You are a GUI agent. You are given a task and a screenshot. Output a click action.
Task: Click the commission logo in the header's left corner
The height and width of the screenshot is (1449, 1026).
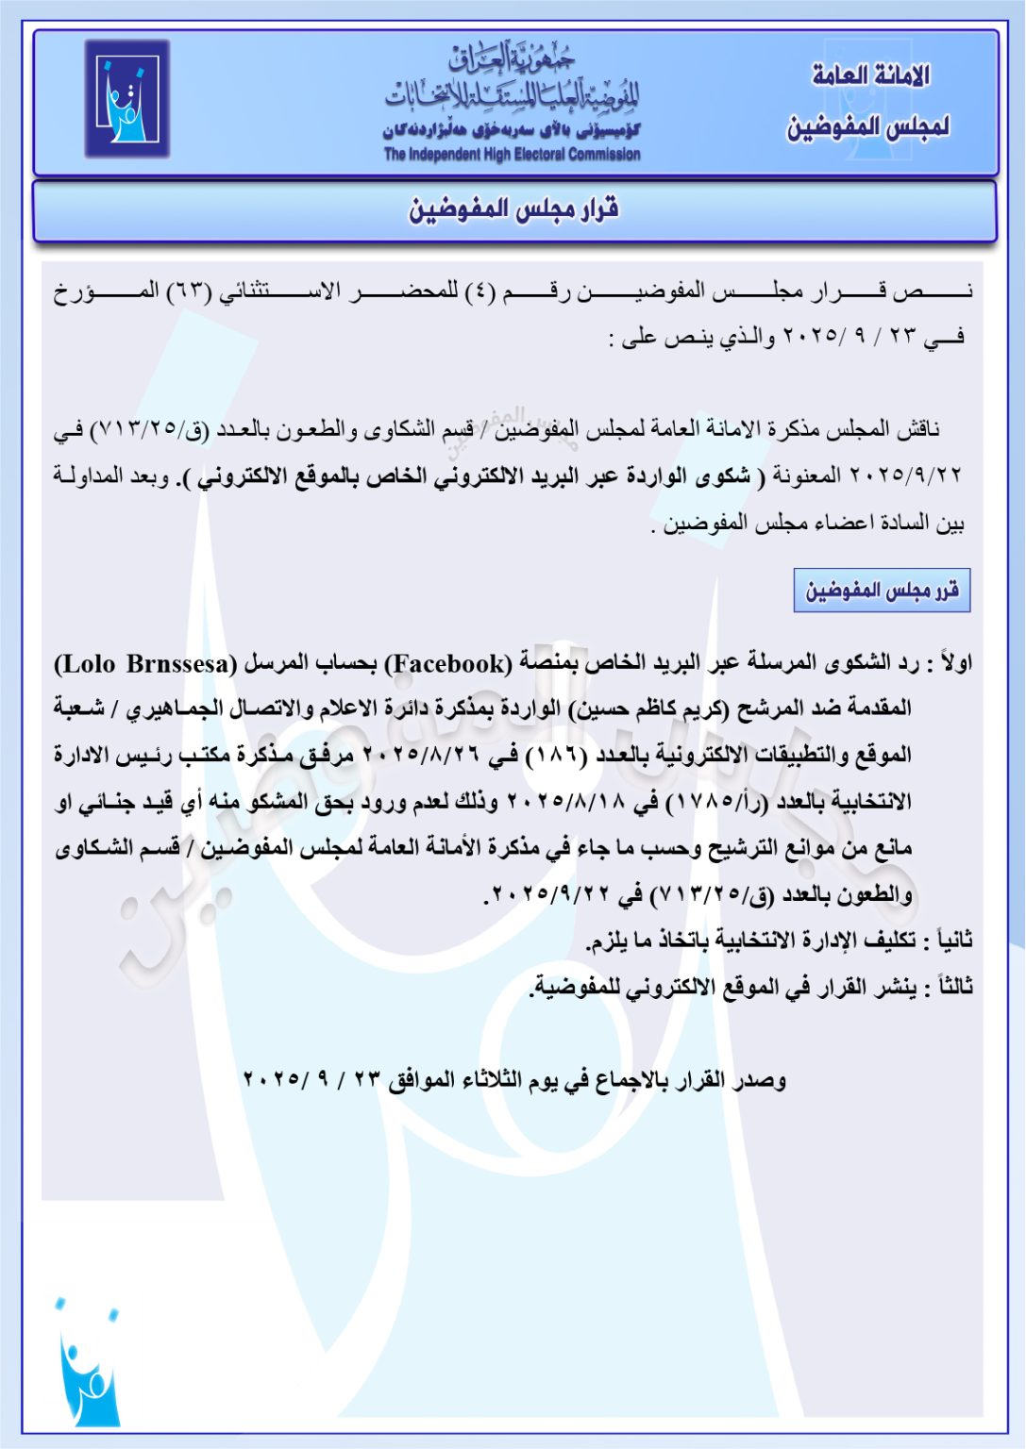(126, 98)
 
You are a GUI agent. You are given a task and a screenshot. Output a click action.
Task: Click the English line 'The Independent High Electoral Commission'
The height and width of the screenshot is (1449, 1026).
(512, 155)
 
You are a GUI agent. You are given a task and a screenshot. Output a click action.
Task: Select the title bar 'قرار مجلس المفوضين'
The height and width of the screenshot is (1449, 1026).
(514, 209)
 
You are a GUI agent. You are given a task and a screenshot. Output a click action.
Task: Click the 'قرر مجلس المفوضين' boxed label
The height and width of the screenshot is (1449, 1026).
(882, 591)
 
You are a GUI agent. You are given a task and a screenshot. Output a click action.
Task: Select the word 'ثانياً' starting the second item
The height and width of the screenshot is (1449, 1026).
(951, 941)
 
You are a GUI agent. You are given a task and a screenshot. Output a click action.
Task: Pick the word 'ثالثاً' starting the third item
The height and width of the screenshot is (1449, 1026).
(951, 987)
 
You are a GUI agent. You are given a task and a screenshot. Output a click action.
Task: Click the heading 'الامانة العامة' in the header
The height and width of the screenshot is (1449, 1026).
(870, 75)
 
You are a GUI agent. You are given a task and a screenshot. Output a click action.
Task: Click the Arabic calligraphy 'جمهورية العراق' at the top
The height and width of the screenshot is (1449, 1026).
(512, 58)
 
